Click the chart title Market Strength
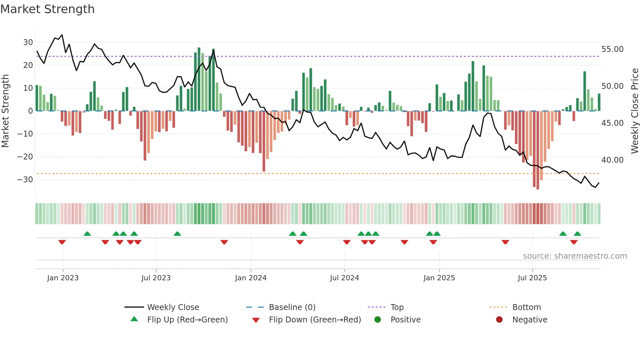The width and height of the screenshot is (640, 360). [x=47, y=9]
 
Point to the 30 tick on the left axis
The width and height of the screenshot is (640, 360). [x=28, y=42]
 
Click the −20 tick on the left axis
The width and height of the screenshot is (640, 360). [x=25, y=157]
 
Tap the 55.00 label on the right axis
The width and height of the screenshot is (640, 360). [x=612, y=49]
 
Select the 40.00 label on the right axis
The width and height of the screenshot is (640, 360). [x=612, y=160]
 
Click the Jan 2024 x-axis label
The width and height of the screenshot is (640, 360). [x=250, y=278]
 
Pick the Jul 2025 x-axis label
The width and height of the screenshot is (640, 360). [x=532, y=278]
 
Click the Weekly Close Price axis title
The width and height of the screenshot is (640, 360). [x=634, y=111]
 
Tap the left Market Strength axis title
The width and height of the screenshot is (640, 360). [x=5, y=111]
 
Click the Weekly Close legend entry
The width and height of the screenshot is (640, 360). [x=173, y=307]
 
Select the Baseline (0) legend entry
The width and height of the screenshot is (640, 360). [x=292, y=307]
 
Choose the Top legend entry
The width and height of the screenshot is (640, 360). [x=397, y=307]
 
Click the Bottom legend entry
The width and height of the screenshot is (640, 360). [x=526, y=307]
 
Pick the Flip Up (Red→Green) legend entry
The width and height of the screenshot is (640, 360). [x=187, y=320]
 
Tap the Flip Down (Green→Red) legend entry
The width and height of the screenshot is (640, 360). [x=314, y=320]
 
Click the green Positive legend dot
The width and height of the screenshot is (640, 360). [x=377, y=319]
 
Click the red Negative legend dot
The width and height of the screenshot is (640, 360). [x=499, y=319]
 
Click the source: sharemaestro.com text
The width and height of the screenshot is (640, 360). [x=575, y=256]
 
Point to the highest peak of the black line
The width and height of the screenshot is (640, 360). [x=62, y=35]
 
